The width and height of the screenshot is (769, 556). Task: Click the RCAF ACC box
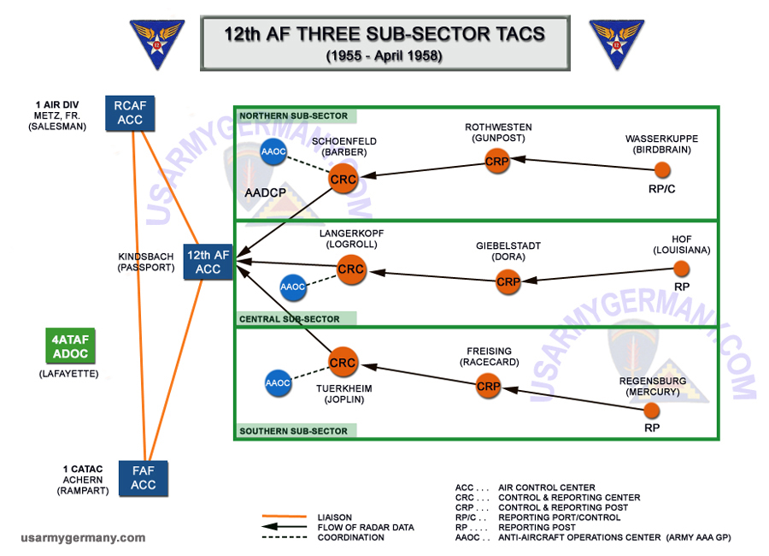(x=130, y=113)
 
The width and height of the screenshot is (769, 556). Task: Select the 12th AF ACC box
(x=208, y=262)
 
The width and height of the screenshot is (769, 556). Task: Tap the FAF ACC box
(x=144, y=478)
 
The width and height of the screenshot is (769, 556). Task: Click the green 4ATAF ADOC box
(x=70, y=346)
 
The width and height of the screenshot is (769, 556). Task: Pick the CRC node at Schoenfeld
(x=343, y=180)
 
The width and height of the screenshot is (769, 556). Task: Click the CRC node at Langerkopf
(x=351, y=269)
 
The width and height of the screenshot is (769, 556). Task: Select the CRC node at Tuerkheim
(x=343, y=363)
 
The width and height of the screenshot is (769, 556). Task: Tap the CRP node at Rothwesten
(x=496, y=162)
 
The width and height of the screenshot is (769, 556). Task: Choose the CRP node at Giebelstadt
(x=508, y=282)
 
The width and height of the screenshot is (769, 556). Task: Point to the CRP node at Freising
(x=488, y=386)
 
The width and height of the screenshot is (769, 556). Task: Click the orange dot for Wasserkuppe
(x=662, y=170)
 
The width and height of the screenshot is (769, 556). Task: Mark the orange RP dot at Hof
(x=681, y=269)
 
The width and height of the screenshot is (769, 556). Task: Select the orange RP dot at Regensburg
(x=651, y=410)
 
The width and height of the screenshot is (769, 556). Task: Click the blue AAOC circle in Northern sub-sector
(x=273, y=151)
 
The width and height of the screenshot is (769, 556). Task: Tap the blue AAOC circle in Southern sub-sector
(x=278, y=383)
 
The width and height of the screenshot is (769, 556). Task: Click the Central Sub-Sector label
(x=290, y=319)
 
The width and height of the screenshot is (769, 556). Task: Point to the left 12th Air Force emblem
(x=157, y=44)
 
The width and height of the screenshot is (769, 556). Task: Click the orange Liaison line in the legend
(x=285, y=517)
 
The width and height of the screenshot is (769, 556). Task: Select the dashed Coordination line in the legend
(x=285, y=537)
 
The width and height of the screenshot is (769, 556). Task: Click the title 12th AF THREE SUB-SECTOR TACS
(x=384, y=34)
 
